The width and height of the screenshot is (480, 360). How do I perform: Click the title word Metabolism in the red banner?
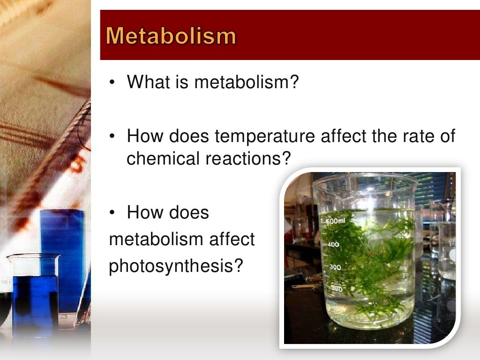point(171,36)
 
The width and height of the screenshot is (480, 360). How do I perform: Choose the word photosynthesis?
point(176,266)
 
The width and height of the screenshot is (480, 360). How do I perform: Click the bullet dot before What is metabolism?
point(112,83)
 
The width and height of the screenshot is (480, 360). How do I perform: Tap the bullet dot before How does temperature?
point(112,137)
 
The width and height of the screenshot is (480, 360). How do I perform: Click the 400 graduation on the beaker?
point(333,244)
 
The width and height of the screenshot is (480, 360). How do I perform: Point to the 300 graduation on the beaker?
point(335,267)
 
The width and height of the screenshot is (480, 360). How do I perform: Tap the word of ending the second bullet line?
point(446,137)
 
